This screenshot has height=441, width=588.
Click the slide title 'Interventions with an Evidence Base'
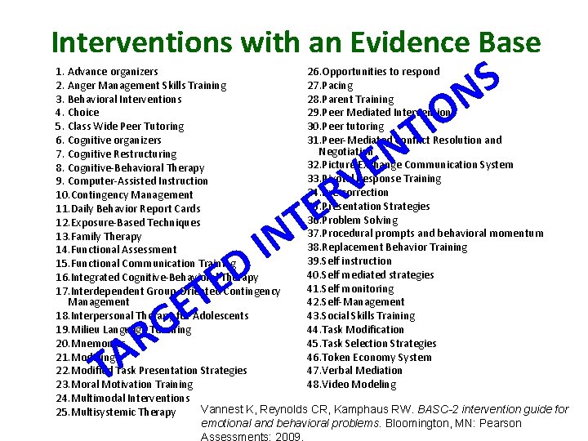[296, 42]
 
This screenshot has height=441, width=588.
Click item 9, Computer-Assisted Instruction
[131, 181]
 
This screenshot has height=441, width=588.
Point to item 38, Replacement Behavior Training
[387, 247]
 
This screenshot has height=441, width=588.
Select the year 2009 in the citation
[289, 437]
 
